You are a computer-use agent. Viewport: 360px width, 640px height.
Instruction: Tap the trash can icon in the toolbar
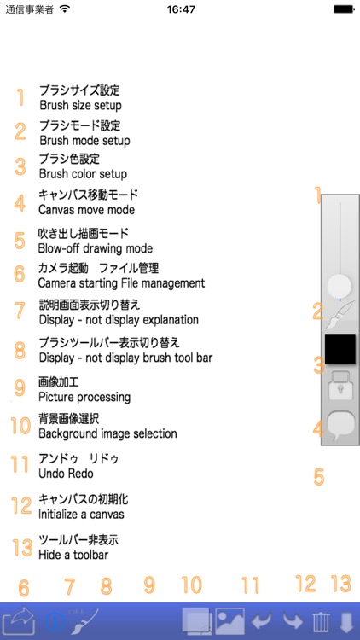click(321, 621)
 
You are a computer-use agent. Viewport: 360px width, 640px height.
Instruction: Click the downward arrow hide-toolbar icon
click(346, 621)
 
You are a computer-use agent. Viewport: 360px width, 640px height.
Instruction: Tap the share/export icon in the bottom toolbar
click(19, 620)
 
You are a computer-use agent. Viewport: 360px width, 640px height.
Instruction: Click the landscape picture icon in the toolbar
click(229, 621)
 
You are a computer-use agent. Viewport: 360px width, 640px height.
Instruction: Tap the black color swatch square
click(340, 349)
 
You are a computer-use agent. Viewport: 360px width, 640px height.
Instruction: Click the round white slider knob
click(340, 286)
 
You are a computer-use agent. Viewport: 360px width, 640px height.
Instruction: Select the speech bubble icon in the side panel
click(340, 426)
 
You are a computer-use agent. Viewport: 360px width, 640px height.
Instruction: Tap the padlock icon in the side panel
click(340, 386)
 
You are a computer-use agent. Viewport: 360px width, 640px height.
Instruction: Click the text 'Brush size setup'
click(80, 105)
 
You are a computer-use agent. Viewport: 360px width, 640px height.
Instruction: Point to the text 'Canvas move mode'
click(86, 210)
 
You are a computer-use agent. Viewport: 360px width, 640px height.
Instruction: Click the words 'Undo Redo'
click(67, 474)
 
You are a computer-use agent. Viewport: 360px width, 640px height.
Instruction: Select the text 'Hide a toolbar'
click(73, 555)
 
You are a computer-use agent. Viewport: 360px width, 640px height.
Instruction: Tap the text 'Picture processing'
click(84, 397)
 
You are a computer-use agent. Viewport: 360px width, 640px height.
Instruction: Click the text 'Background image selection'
click(107, 433)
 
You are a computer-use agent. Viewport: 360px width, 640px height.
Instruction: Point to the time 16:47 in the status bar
click(181, 9)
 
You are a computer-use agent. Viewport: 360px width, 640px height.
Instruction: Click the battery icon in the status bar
click(344, 9)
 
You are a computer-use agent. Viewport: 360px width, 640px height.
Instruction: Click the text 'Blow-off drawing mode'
click(96, 248)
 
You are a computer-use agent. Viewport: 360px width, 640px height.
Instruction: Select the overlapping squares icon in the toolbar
click(197, 621)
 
